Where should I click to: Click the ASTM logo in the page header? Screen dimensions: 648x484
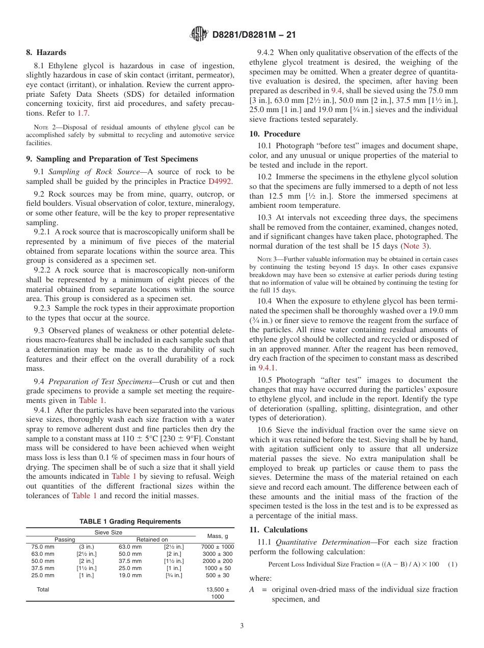[199, 34]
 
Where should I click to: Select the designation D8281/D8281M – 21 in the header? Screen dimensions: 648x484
[253, 35]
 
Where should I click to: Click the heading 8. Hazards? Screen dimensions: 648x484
[46, 52]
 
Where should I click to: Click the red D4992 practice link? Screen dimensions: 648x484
[221, 181]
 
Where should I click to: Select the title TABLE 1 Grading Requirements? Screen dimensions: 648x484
[130, 521]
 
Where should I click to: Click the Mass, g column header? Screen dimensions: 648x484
[217, 535]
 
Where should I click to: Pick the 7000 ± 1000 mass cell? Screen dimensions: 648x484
[217, 547]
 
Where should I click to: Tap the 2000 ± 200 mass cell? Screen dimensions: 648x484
[217, 561]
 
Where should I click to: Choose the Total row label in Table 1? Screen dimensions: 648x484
[43, 589]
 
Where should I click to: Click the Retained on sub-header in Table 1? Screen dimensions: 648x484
[151, 539]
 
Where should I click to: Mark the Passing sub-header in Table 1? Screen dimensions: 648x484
[65, 539]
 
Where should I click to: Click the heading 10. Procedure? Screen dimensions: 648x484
[275, 134]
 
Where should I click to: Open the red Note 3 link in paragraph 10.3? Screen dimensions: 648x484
[414, 246]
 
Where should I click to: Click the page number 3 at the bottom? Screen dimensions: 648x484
[242, 626]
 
